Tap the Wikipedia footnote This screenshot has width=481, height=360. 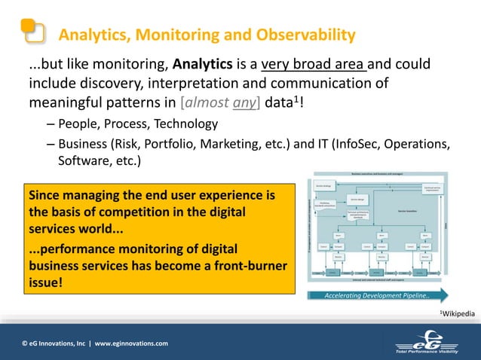458,313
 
